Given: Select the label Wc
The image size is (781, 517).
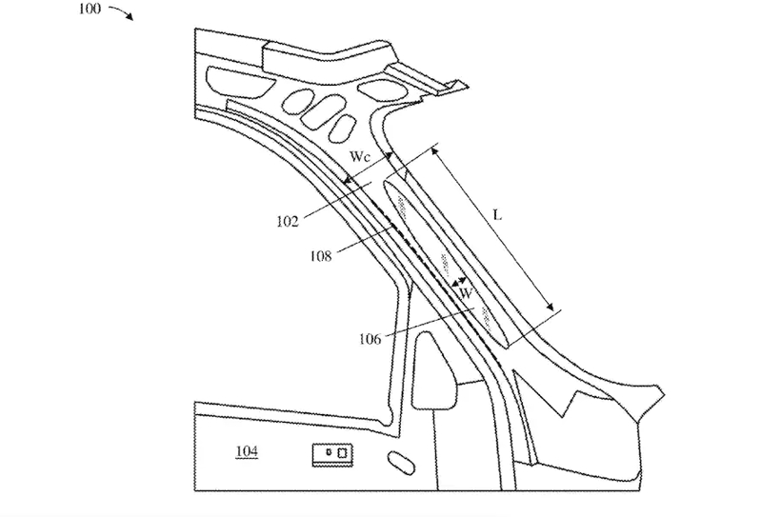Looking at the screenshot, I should (360, 156).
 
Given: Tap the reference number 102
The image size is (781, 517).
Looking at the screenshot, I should (286, 221).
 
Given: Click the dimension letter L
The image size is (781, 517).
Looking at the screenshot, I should (497, 216).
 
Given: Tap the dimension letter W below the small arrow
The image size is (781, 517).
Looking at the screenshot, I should (466, 295).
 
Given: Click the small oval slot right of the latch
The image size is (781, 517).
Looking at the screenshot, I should (400, 463).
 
